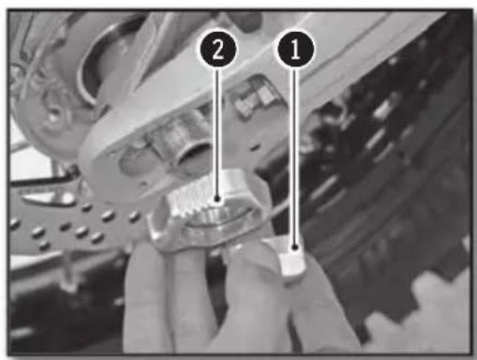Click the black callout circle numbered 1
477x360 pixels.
(295, 50)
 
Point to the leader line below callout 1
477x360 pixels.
(294, 157)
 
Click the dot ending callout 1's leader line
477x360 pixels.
(294, 247)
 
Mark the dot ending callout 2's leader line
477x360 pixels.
(217, 199)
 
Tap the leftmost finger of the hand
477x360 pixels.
(143, 297)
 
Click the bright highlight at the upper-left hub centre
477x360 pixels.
(53, 117)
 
